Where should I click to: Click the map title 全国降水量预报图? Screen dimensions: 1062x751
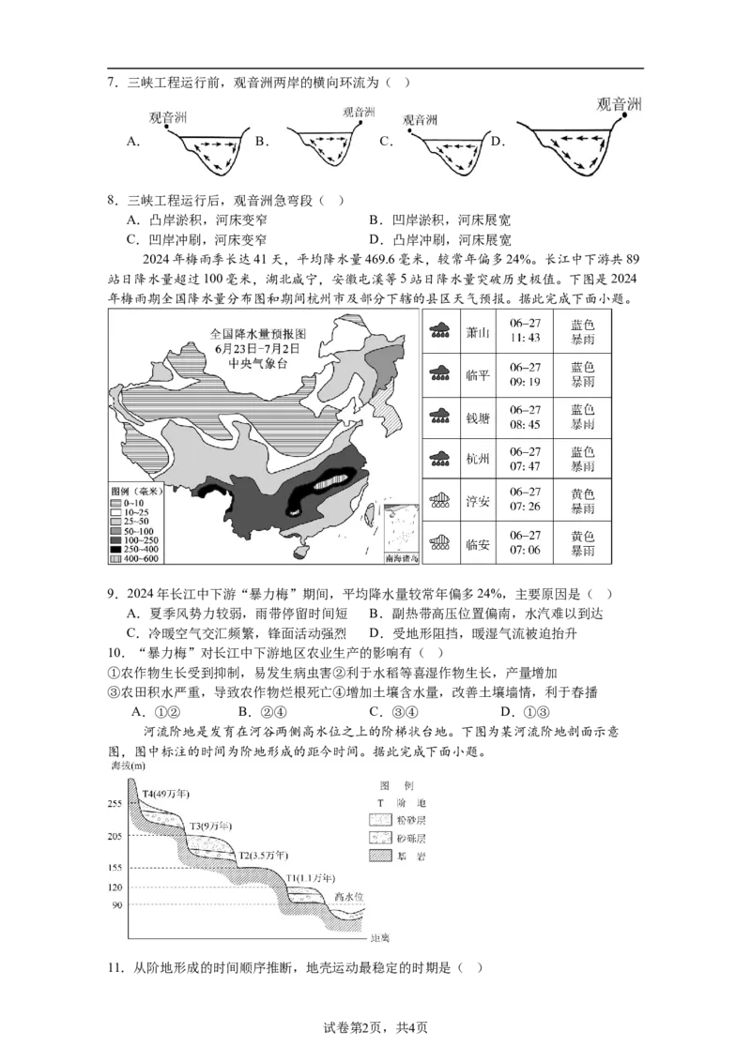[x=258, y=333]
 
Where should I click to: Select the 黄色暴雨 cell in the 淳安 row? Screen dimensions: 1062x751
[x=582, y=501]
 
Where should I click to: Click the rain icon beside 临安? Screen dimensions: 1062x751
[x=438, y=543]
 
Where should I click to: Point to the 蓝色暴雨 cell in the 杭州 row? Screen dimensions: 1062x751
[x=582, y=460]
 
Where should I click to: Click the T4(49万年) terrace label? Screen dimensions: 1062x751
[x=165, y=794]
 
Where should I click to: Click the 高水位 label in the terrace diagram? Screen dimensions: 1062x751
[x=348, y=897]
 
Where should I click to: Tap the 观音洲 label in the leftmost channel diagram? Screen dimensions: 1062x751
[x=169, y=118]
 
